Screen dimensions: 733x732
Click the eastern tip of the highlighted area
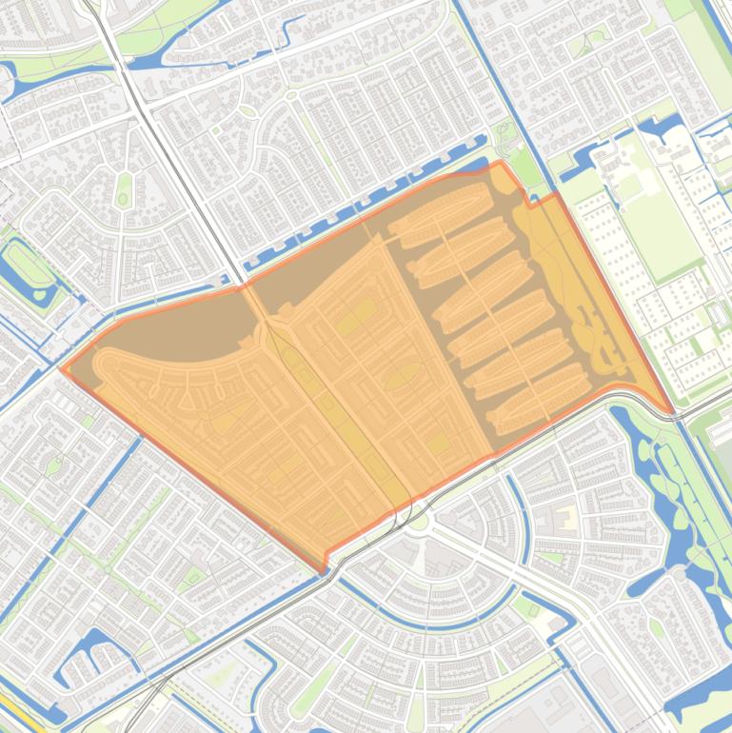coord(674,412)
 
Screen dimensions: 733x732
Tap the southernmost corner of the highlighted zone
coord(324,571)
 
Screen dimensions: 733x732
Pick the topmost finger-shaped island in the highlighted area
coord(440,202)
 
